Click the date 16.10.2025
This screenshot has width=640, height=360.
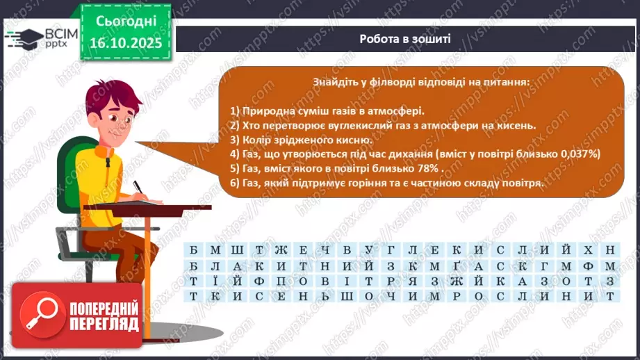click(x=123, y=43)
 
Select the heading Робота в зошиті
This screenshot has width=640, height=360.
click(x=405, y=39)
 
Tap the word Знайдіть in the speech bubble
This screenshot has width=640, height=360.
click(x=336, y=82)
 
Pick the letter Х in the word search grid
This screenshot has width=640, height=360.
click(x=589, y=249)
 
